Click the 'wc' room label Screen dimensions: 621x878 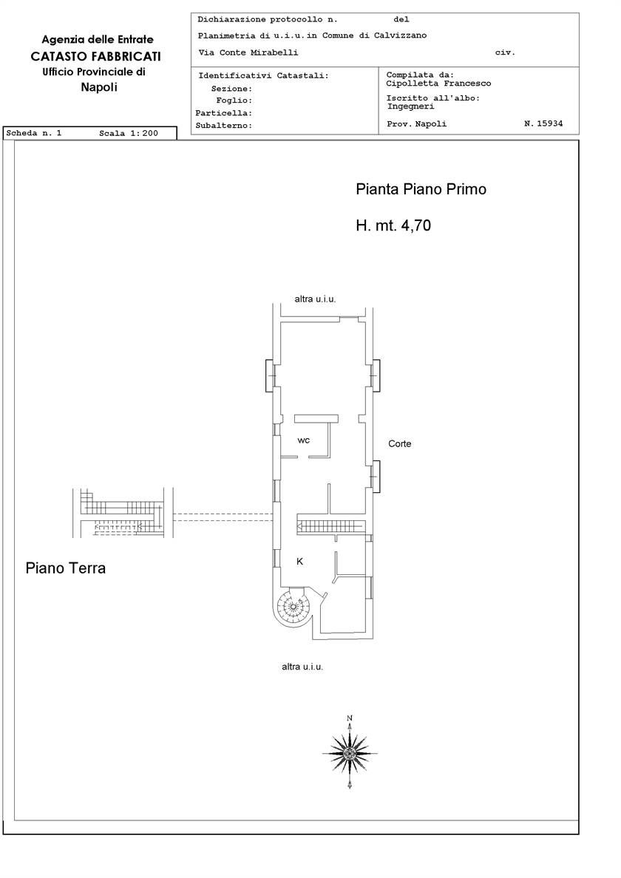(304, 440)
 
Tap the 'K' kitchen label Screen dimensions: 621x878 (300, 561)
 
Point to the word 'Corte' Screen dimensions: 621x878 (400, 443)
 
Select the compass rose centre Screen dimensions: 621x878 (350, 753)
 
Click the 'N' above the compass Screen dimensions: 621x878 (350, 718)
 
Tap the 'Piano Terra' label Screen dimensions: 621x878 (66, 568)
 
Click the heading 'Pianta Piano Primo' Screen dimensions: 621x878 (421, 189)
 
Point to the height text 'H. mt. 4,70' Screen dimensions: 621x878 (393, 225)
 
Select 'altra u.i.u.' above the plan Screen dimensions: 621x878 (315, 299)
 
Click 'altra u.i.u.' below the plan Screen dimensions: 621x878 (302, 667)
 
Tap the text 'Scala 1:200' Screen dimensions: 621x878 (129, 133)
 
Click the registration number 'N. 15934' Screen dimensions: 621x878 (543, 123)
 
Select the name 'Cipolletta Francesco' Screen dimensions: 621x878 (438, 84)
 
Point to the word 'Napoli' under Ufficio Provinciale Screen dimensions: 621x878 (99, 86)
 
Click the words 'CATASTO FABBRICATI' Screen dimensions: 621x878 (96, 56)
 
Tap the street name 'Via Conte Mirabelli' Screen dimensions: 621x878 (248, 52)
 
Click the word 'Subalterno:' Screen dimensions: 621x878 (224, 126)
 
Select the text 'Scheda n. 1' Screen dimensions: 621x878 (33, 133)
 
